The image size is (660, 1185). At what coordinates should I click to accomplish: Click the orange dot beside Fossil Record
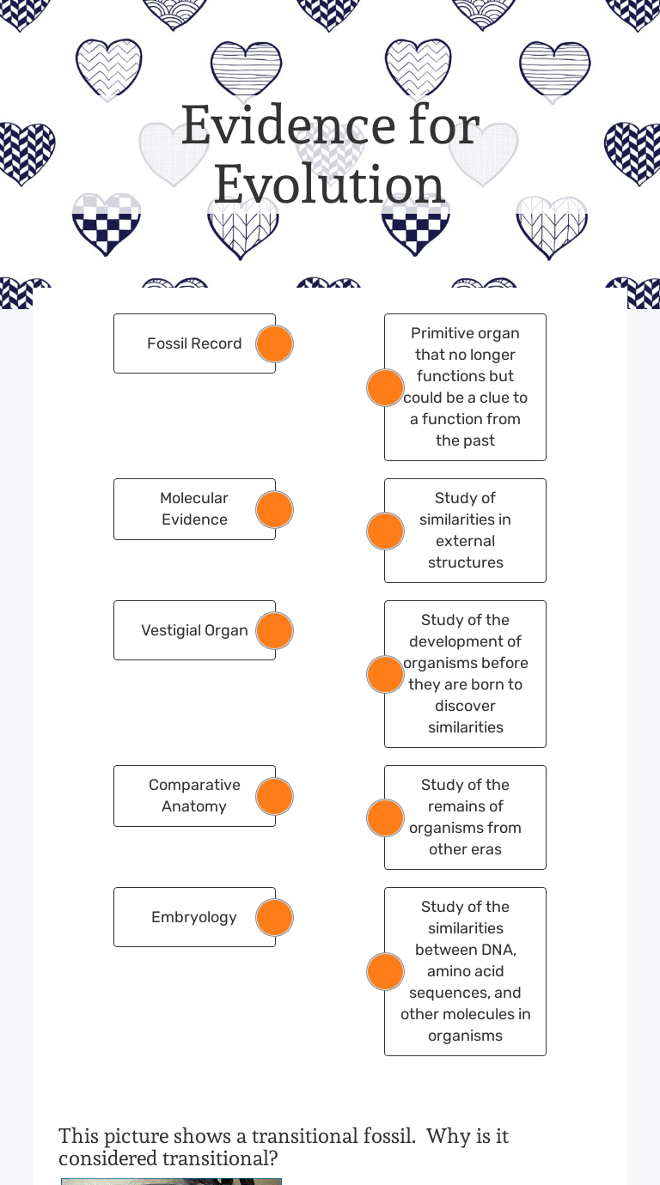point(274,343)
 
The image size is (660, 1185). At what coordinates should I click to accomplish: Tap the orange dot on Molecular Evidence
point(274,509)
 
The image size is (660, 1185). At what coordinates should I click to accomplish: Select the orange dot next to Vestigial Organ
point(274,630)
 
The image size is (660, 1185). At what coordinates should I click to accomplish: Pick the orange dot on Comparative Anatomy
point(274,796)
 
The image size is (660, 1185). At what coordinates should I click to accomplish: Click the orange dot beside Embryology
point(274,917)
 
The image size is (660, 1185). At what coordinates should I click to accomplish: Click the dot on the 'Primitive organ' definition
point(385,388)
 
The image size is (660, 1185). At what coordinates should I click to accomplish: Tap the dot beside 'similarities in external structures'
point(385,532)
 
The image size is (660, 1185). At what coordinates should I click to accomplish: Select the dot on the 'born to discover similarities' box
point(385,674)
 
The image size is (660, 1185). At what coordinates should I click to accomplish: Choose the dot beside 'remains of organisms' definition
point(385,817)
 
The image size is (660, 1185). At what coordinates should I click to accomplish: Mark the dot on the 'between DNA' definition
point(385,971)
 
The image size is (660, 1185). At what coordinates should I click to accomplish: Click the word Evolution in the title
point(329,185)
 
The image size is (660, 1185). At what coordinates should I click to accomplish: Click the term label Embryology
point(194,917)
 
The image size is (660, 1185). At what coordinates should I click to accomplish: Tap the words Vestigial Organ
point(194,630)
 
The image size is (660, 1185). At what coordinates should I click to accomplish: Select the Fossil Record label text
point(194,343)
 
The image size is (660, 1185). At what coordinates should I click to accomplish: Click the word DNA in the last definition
point(498,950)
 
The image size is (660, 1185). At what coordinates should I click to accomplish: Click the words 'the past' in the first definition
point(465,441)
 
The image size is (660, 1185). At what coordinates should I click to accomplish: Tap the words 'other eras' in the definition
point(465,849)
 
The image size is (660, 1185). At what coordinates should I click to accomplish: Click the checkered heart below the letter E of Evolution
point(106,225)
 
